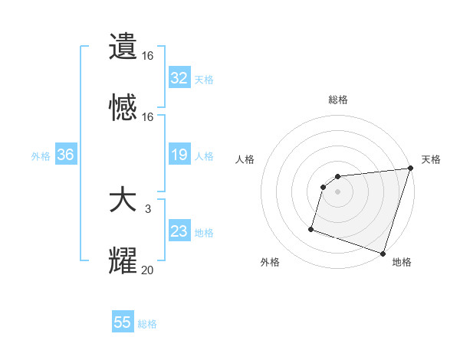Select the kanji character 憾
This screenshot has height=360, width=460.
(123, 107)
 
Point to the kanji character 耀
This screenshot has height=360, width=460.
(123, 260)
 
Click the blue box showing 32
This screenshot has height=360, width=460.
(179, 77)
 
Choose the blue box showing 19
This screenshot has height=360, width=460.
(179, 155)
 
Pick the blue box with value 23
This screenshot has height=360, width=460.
(179, 231)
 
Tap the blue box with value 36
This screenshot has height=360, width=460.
(66, 155)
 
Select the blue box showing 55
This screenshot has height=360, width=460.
(123, 322)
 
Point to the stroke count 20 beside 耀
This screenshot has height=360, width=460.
(147, 269)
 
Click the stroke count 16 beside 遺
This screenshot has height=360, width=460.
(147, 56)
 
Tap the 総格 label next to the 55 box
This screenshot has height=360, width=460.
(148, 324)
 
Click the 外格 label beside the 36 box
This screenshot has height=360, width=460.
(41, 155)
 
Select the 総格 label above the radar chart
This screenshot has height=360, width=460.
(338, 100)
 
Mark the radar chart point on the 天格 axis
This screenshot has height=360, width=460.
(410, 169)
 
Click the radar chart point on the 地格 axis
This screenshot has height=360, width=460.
(383, 253)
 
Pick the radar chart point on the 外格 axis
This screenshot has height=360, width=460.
(311, 228)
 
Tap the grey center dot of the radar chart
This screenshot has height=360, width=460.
(338, 191)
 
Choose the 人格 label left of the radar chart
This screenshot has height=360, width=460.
(246, 159)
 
